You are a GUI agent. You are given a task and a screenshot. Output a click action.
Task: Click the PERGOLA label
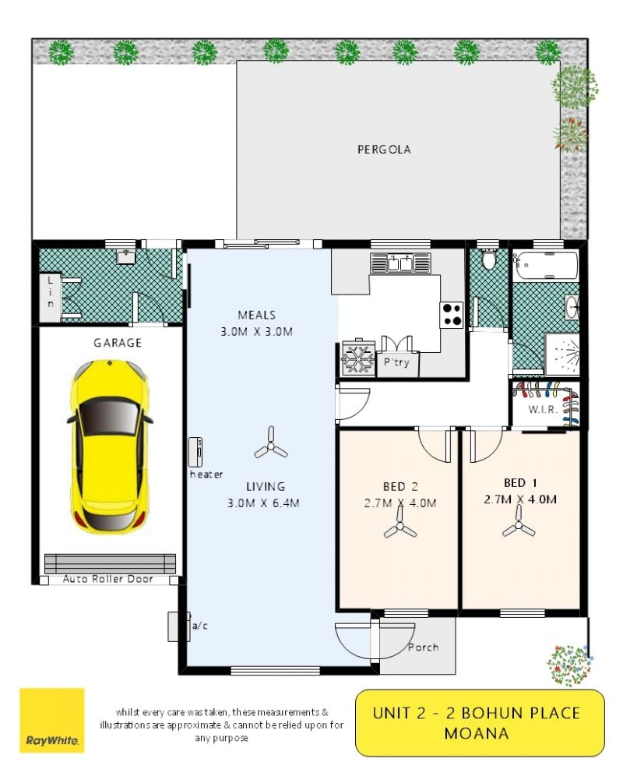coord(384,149)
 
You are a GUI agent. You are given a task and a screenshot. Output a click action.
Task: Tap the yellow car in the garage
coord(110,446)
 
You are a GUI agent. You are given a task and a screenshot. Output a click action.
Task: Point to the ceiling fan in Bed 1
coord(519,522)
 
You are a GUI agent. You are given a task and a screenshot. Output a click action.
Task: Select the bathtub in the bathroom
coord(544,265)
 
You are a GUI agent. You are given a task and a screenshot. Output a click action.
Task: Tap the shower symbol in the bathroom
coord(562,352)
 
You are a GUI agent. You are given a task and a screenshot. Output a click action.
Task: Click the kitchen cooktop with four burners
coord(451,314)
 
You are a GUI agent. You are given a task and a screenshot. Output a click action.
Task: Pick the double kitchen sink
coord(400,263)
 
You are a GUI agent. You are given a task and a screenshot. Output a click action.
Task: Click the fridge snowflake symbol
coord(357,358)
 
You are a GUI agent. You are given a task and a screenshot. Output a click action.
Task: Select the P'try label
coord(396,362)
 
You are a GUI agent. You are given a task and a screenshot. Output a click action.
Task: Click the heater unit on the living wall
coord(195,452)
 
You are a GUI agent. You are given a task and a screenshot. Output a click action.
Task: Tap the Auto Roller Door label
coord(107,579)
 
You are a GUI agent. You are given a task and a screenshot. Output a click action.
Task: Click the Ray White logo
coord(52,721)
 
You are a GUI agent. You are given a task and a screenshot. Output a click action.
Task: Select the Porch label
coord(424,647)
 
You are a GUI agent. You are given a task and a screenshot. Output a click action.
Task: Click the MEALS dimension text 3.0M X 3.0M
coord(256,332)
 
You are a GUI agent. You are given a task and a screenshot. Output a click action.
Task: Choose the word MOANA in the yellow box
coord(477,734)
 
